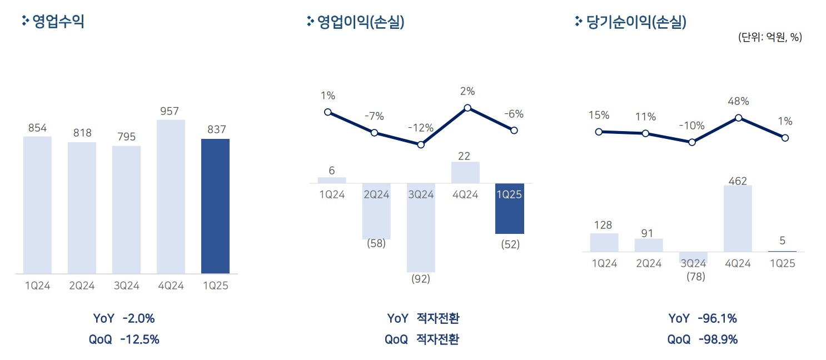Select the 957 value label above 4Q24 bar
coord(171,111)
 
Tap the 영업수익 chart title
coord(58,22)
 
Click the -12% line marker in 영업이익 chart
coord(421,144)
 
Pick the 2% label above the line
coord(467,92)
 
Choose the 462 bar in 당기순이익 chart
coord(738,218)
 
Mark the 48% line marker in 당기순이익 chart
coord(738,118)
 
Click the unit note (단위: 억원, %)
coord(770,37)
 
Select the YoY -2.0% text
coord(124,318)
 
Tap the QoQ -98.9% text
coord(703,339)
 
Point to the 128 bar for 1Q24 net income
coord(604,242)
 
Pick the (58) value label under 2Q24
coord(377,244)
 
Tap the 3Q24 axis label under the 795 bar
coord(126,286)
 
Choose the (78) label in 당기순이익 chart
coord(693,276)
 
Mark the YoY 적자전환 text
coord(424,318)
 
